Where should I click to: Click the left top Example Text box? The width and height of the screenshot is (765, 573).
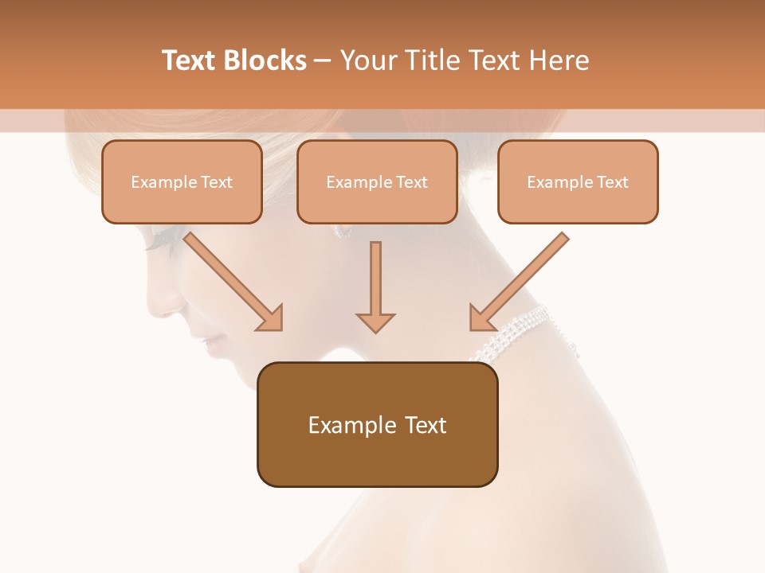[x=182, y=181]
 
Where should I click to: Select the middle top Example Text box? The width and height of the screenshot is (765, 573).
[x=377, y=181]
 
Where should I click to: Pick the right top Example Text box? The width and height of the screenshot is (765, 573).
[x=578, y=181]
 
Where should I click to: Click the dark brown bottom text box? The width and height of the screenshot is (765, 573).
[x=377, y=424]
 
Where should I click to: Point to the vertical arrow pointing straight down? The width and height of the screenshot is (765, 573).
[x=375, y=286]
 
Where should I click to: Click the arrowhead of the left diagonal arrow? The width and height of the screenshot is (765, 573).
[x=270, y=318]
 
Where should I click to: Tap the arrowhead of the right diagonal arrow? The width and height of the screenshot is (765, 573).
[x=483, y=318]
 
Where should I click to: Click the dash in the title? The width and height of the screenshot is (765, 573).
[x=323, y=60]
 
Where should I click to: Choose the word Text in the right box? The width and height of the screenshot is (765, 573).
[x=612, y=182]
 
